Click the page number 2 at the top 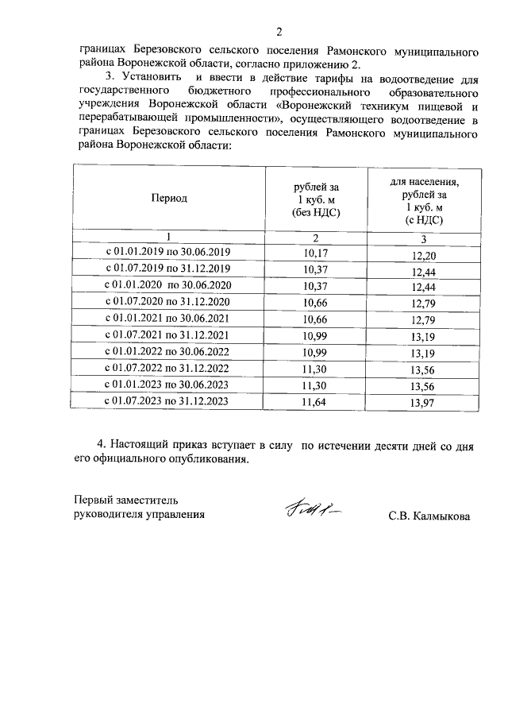coord(279,32)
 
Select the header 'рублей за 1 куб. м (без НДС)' coord(315,199)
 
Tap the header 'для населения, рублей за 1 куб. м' coord(423,199)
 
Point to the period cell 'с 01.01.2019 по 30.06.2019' coord(169,253)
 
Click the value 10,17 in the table coord(315,253)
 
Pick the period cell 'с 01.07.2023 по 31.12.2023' coord(169,401)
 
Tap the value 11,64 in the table coord(315,402)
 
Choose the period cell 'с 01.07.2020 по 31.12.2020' coord(169,302)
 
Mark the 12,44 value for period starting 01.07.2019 coord(424,272)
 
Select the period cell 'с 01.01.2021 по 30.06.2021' coord(169,319)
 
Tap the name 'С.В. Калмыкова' coord(429,516)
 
